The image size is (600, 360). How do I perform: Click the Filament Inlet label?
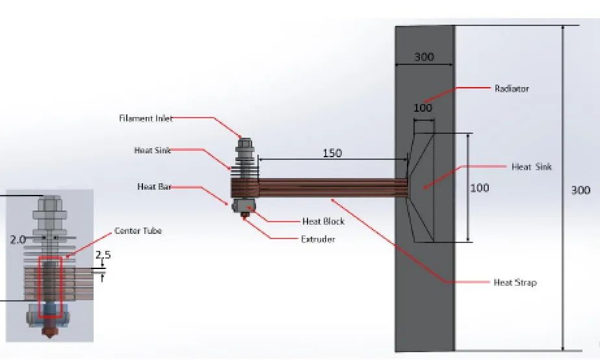click(146, 118)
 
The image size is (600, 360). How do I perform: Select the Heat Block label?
click(323, 221)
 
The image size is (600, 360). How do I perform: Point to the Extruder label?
click(317, 239)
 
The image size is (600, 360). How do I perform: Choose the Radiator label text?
click(512, 88)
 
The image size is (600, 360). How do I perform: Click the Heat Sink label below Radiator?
click(531, 167)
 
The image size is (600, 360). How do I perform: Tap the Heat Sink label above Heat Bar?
click(152, 151)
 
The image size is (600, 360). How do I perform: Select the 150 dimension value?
click(332, 154)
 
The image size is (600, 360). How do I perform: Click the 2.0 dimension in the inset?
click(18, 240)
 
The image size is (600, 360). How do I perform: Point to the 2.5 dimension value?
click(103, 255)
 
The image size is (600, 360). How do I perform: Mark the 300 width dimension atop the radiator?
click(424, 57)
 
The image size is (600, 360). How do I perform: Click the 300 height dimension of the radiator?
click(580, 190)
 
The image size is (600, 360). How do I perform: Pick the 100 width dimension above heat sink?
click(423, 108)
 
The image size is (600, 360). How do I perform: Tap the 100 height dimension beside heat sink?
click(480, 188)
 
